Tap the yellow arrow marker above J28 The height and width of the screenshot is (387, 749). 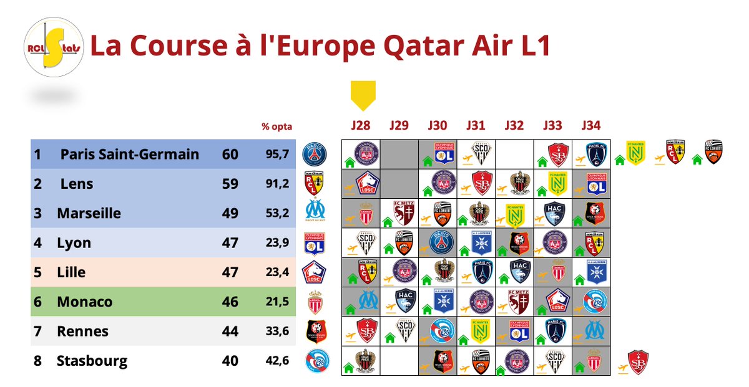(x=362, y=95)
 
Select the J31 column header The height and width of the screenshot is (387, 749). (x=476, y=125)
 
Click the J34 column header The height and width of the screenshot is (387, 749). (x=590, y=125)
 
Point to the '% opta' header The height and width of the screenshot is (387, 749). (x=277, y=127)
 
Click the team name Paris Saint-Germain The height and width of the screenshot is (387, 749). (x=130, y=154)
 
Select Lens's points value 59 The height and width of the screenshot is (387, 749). (x=230, y=184)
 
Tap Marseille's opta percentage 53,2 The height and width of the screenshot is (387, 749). (x=277, y=213)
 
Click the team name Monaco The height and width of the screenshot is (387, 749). (x=84, y=302)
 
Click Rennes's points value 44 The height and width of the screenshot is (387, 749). (x=230, y=332)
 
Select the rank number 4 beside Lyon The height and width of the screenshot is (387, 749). (x=37, y=243)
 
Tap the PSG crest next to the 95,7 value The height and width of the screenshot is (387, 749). (x=314, y=154)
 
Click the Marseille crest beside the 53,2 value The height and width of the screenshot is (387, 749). (x=314, y=213)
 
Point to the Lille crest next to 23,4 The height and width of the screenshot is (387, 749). (x=314, y=272)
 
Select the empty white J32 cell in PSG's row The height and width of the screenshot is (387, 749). (x=514, y=153)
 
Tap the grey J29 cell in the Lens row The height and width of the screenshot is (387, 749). (x=399, y=183)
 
